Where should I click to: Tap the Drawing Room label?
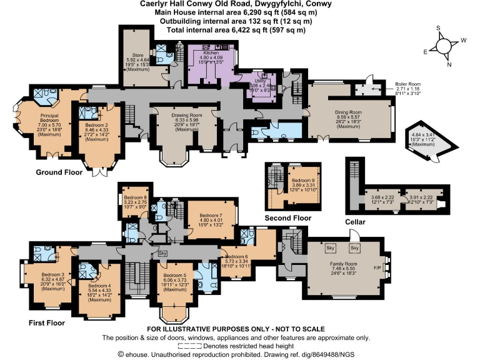187,116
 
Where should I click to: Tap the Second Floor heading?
287,217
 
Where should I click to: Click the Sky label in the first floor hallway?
162,254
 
